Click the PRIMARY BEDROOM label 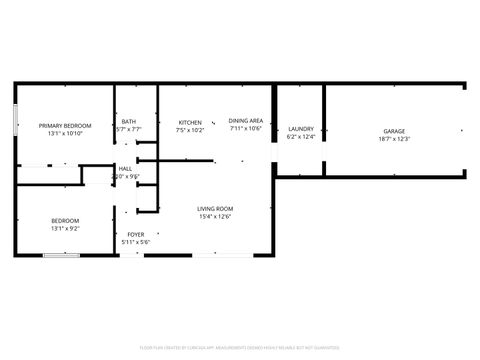(65, 125)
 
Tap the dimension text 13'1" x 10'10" (65, 133)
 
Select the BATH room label (128, 121)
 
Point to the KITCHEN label (190, 121)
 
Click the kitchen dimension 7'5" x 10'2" (190, 129)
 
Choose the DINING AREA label (245, 120)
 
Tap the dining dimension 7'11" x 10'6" (245, 128)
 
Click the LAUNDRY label (301, 129)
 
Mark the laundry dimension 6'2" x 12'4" (301, 137)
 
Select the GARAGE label (395, 131)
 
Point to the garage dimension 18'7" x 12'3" (395, 139)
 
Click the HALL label (126, 169)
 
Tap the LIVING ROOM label (215, 208)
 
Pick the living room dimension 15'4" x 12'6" (215, 216)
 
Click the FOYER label (135, 234)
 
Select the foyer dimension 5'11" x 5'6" (135, 242)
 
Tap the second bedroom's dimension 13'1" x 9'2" (65, 228)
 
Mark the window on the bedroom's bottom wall (62, 255)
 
